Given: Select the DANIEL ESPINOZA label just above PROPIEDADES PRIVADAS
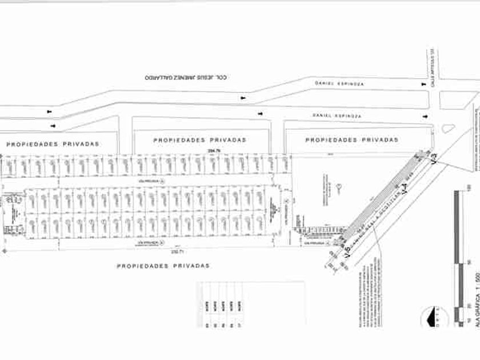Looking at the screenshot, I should pos(337,115).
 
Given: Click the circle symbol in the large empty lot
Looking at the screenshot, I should pos(339,187).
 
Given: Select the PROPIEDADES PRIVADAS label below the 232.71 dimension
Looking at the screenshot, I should pos(163,266).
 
